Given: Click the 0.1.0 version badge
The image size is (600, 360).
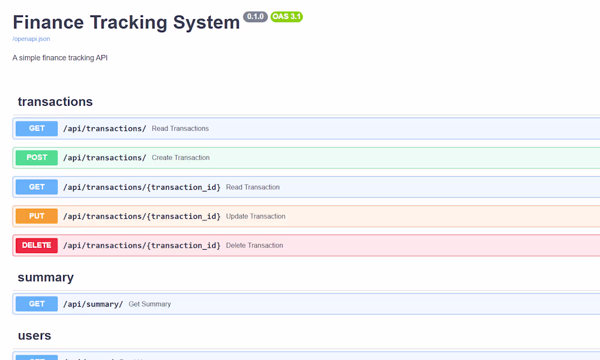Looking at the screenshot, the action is pos(255,16).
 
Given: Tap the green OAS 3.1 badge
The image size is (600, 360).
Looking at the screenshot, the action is pos(286,16).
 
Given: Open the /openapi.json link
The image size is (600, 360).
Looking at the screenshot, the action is pos(31,39).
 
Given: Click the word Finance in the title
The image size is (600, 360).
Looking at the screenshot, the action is pos(48,22).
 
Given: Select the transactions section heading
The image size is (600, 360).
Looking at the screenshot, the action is pos(55,102).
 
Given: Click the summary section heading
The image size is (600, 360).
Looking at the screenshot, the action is pos(45,278).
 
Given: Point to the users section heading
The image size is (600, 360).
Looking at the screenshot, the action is pos(34,335).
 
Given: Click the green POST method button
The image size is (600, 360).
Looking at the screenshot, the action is pos(37,158).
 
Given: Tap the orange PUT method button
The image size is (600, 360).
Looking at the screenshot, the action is pos(37,216).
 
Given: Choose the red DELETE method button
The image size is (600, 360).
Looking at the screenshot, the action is pos(37,245).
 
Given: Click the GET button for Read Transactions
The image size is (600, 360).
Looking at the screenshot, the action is pos(37,129).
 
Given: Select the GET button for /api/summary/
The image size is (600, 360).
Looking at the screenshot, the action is pos(37,304).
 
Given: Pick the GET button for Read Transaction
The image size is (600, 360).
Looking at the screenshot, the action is pos(37,187).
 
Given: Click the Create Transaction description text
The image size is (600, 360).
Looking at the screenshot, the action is pos(181,158).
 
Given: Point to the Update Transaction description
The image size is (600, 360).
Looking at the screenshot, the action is pos(256,216).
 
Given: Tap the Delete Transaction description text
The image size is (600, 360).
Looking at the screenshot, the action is pos(255,245).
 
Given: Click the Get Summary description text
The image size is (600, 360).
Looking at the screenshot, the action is pos(149,304).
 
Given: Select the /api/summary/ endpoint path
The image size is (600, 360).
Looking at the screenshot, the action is pos(93,304).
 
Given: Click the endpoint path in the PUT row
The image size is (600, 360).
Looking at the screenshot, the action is pos(142,216).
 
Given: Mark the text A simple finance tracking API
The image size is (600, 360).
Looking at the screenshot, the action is pos(60,58).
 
